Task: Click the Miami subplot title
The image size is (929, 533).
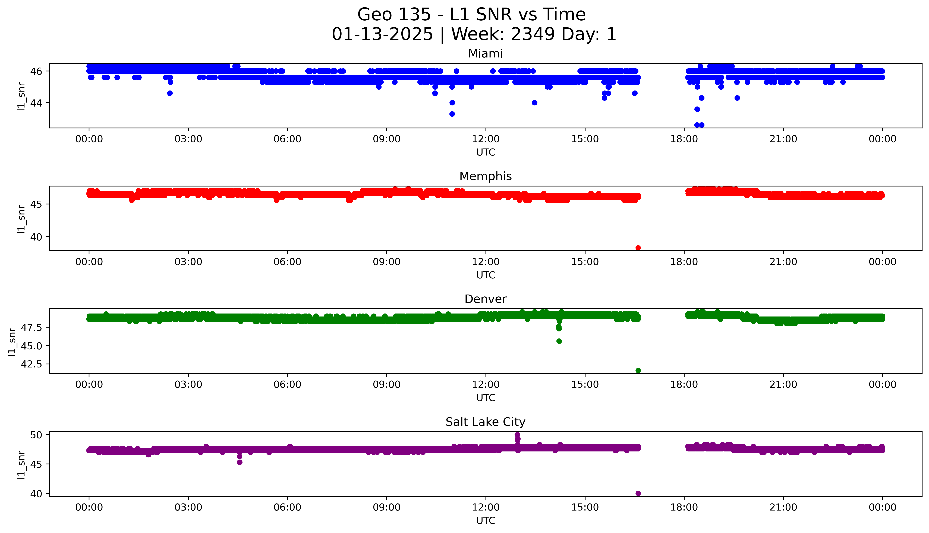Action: click(x=485, y=54)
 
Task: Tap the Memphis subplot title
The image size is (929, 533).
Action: click(x=485, y=176)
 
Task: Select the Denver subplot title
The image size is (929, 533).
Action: click(x=485, y=299)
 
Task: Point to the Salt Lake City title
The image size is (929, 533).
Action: click(x=485, y=422)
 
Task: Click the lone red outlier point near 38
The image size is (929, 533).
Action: click(x=638, y=248)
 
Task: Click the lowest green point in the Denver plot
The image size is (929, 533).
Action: click(x=638, y=370)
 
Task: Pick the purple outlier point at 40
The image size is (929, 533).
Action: click(x=638, y=493)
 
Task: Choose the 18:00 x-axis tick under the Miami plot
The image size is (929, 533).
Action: click(x=684, y=139)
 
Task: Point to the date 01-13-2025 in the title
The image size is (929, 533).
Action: click(x=382, y=34)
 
